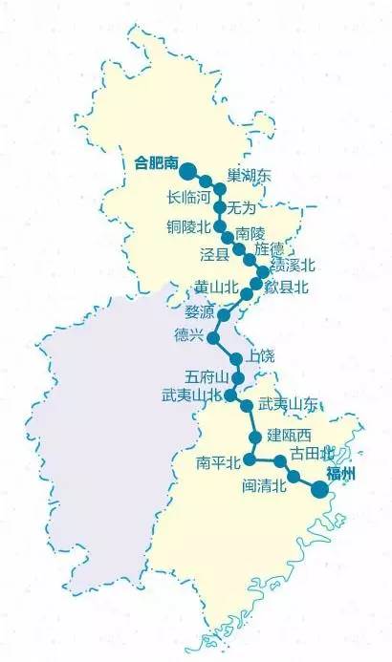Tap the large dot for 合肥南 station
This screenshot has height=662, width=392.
pos(188,172)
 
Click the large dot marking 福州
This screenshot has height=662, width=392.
pos(320,489)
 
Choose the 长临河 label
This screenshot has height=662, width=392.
pos(187,199)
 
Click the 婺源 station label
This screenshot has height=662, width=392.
pos(199,311)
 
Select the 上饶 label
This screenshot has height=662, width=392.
pos(260,355)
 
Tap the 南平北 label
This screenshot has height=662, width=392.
pos(217,462)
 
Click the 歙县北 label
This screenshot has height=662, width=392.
pos(287,288)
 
